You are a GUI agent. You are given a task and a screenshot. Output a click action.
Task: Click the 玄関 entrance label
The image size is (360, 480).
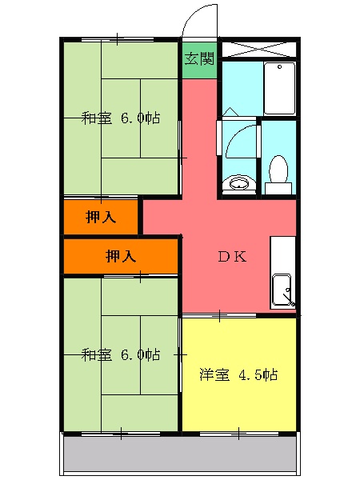199,58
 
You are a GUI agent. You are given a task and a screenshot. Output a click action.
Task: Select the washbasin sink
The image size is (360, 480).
237,185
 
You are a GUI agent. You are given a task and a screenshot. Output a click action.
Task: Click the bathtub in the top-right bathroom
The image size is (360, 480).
279,87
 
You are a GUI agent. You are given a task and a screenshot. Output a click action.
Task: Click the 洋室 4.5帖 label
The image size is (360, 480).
238,374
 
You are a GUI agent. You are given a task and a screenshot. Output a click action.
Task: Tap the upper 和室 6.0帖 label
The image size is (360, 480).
121,118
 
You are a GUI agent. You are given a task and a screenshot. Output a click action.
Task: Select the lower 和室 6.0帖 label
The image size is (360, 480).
121,354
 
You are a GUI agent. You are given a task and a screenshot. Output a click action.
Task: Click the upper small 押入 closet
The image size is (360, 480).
101,217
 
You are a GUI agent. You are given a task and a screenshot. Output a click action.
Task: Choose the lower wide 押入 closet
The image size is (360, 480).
121,256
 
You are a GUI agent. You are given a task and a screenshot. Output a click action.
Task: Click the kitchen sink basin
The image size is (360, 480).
282,290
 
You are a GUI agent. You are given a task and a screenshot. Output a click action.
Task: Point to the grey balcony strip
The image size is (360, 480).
180,456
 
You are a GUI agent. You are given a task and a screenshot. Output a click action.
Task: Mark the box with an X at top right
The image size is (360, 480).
258,47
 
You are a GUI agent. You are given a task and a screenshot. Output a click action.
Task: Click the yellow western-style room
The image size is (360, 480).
239,400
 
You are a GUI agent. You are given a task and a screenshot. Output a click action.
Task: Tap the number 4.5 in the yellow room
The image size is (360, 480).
247,374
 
